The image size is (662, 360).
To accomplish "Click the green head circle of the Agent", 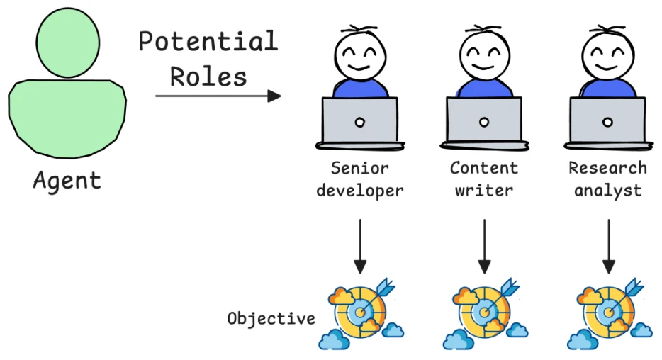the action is (x=68, y=43).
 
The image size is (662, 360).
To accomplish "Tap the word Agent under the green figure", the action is (x=67, y=181).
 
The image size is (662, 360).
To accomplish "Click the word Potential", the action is (x=208, y=41).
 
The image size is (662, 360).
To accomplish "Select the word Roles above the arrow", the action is (x=208, y=77).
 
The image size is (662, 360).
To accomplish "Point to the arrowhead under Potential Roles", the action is (x=274, y=96).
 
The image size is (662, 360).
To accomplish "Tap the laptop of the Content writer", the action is (x=484, y=123).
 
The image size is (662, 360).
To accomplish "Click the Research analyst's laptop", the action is (x=608, y=123).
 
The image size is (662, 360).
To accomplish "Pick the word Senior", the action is (x=360, y=169).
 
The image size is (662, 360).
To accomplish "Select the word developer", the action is (x=360, y=191).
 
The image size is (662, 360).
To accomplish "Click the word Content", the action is (x=484, y=168).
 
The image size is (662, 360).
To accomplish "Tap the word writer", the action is (x=484, y=191).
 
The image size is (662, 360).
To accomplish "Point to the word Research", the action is (x=607, y=168).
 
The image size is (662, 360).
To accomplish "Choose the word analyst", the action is (x=608, y=191).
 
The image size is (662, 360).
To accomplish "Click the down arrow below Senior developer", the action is (x=360, y=246).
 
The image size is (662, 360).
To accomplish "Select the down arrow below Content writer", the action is (x=484, y=246).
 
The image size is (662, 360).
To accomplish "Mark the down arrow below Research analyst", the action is (x=608, y=246).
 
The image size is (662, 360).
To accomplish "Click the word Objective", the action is (x=271, y=319).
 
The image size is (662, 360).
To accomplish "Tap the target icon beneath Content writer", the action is (x=486, y=313).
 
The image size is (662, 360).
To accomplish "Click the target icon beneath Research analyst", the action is (x=610, y=313).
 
